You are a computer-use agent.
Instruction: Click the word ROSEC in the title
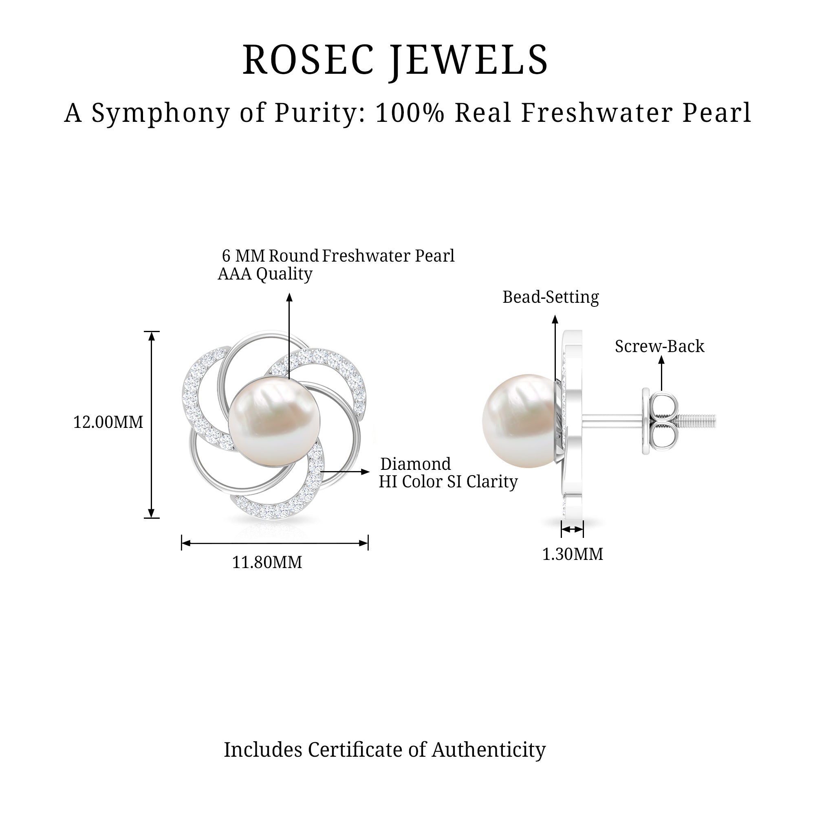point(308,60)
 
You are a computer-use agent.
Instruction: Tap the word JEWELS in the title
point(469,60)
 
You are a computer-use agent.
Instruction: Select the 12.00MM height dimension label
point(108,422)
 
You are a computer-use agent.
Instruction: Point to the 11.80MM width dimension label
point(267,562)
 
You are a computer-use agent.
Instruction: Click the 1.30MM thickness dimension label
point(573,554)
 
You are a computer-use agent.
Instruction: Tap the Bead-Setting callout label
point(551,297)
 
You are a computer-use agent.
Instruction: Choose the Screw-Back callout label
point(659,346)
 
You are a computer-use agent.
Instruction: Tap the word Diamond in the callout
point(416,464)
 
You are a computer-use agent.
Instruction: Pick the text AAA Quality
point(265,274)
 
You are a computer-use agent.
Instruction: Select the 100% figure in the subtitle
point(410,113)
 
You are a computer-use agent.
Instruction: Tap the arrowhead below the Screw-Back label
point(661,360)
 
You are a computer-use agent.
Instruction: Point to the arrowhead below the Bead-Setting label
point(555,319)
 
